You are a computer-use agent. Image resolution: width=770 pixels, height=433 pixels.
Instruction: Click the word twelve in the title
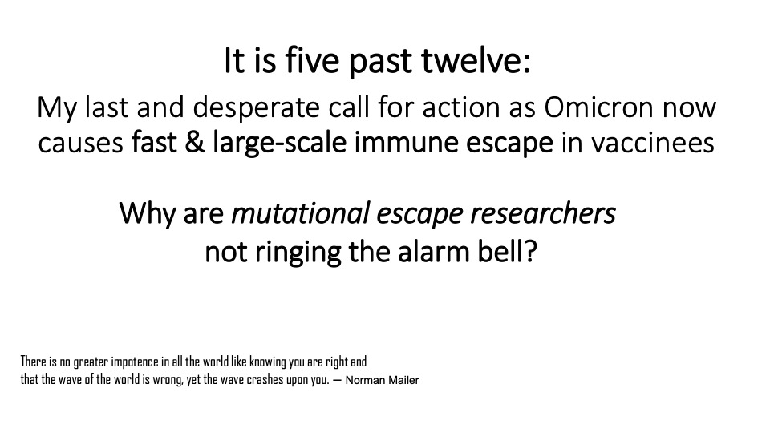tap(476, 60)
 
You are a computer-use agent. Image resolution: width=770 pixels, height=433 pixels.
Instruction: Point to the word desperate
tap(257, 108)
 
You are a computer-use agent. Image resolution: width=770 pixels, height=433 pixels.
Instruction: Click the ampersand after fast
tap(195, 143)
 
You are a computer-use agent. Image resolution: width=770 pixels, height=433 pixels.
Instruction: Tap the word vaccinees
tap(653, 143)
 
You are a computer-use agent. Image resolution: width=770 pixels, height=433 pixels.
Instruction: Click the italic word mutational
tap(300, 213)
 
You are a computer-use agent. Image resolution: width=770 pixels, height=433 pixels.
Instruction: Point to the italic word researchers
tap(543, 213)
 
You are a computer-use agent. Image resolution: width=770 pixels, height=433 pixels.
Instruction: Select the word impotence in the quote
tap(135, 362)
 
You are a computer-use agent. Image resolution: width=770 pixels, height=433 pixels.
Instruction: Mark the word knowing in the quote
tap(268, 362)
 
